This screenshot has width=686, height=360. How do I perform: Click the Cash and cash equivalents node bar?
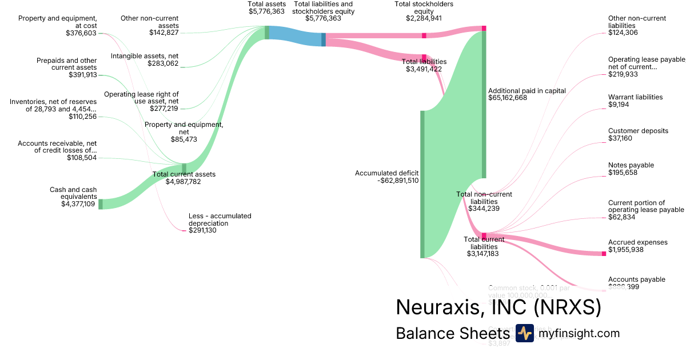click(x=100, y=204)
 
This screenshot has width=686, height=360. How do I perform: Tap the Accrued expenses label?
click(x=637, y=242)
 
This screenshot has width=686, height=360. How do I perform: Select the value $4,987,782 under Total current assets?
click(x=183, y=182)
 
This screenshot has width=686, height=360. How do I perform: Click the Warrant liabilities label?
click(x=635, y=97)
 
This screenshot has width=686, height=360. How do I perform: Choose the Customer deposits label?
click(x=638, y=131)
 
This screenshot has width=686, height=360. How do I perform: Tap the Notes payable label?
click(x=631, y=165)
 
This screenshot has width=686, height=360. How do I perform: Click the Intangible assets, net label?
click(x=145, y=56)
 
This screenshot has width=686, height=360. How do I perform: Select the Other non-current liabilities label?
click(x=637, y=22)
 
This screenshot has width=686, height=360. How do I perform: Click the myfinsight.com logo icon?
click(x=524, y=333)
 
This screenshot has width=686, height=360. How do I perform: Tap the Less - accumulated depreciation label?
click(x=220, y=219)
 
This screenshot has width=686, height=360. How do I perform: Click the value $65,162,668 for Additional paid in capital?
click(x=508, y=98)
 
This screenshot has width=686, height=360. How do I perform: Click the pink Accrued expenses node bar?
click(x=603, y=253)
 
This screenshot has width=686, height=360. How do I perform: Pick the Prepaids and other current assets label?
click(x=66, y=64)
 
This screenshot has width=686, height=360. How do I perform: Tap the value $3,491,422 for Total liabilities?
click(x=424, y=69)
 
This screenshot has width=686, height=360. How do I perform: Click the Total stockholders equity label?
click(x=424, y=7)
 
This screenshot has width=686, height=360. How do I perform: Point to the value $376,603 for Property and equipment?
click(x=81, y=33)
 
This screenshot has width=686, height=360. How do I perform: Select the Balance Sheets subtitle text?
click(x=452, y=334)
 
